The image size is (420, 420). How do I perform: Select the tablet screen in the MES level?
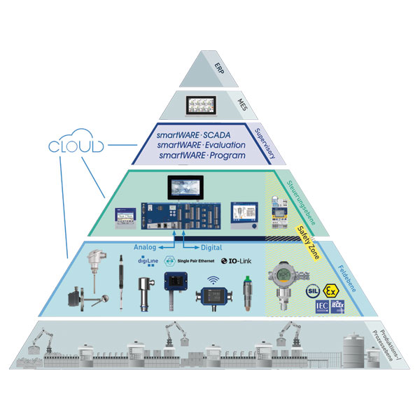point(203,105)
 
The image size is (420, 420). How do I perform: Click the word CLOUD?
point(76,147)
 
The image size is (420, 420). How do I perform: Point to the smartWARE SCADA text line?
point(199,136)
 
